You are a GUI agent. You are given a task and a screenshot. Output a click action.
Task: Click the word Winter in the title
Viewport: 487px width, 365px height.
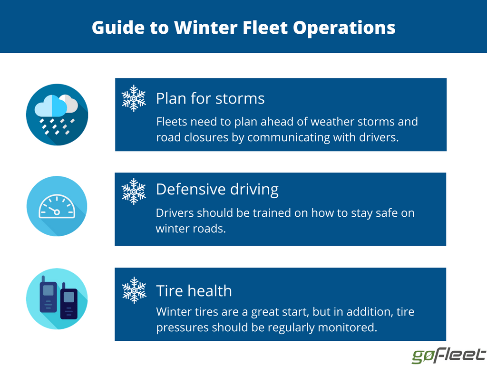(x=205, y=27)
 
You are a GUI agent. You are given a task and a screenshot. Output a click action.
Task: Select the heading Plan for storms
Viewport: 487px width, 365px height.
(x=210, y=98)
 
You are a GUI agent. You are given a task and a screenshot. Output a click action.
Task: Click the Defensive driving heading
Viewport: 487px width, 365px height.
(x=217, y=189)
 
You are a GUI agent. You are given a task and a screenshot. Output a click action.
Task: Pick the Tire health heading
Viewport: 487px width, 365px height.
(x=194, y=291)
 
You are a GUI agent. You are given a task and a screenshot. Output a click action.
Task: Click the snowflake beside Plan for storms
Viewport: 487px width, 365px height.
(x=134, y=98)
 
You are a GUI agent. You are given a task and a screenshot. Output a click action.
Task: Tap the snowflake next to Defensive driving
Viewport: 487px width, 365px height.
(x=134, y=192)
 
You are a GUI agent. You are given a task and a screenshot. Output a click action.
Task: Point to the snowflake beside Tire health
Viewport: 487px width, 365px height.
(x=134, y=290)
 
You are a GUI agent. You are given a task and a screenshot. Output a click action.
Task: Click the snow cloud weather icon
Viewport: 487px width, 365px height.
(x=57, y=115)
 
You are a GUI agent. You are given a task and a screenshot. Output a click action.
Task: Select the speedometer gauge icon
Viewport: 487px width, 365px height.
(x=57, y=206)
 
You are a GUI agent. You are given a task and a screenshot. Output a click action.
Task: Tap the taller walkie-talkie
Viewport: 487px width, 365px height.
(x=48, y=294)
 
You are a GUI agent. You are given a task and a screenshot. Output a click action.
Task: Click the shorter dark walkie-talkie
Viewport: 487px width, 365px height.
(x=68, y=301)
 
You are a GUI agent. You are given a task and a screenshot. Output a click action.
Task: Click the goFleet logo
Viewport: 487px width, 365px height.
(x=448, y=355)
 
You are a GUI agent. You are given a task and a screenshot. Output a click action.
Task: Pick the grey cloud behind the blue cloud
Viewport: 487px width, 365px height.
(x=69, y=103)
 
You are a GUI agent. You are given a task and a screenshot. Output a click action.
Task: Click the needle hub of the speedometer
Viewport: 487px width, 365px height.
(x=57, y=212)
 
